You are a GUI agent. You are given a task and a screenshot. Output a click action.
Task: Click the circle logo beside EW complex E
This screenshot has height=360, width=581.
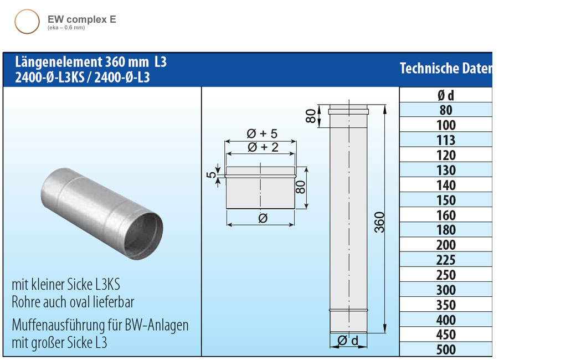click(27, 22)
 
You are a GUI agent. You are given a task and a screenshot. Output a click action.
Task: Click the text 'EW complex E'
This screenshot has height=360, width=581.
click(82, 19)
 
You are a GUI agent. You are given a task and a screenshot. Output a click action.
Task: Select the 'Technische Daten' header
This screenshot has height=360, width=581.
click(445, 69)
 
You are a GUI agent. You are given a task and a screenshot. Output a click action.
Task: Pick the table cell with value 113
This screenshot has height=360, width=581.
click(445, 140)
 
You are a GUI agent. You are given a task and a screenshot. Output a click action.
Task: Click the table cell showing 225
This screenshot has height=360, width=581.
click(445, 260)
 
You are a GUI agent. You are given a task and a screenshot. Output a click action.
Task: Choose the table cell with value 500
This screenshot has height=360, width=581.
click(445, 349)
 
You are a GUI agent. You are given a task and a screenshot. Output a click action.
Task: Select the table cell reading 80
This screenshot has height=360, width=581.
click(445, 110)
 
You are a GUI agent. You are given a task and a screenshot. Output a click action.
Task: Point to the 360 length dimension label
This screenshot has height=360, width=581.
click(379, 222)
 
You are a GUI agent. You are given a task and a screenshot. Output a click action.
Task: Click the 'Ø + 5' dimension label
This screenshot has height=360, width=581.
click(262, 134)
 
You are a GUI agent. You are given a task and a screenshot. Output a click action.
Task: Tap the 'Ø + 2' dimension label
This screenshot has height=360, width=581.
click(262, 147)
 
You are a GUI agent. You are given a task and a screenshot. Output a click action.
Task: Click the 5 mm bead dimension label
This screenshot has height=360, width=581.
click(211, 174)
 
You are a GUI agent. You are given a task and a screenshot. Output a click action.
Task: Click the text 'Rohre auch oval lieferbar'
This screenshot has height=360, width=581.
click(73, 302)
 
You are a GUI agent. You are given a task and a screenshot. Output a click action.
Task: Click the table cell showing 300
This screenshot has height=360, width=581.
click(445, 290)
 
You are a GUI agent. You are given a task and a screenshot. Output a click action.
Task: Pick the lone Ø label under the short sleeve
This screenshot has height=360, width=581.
click(263, 218)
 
